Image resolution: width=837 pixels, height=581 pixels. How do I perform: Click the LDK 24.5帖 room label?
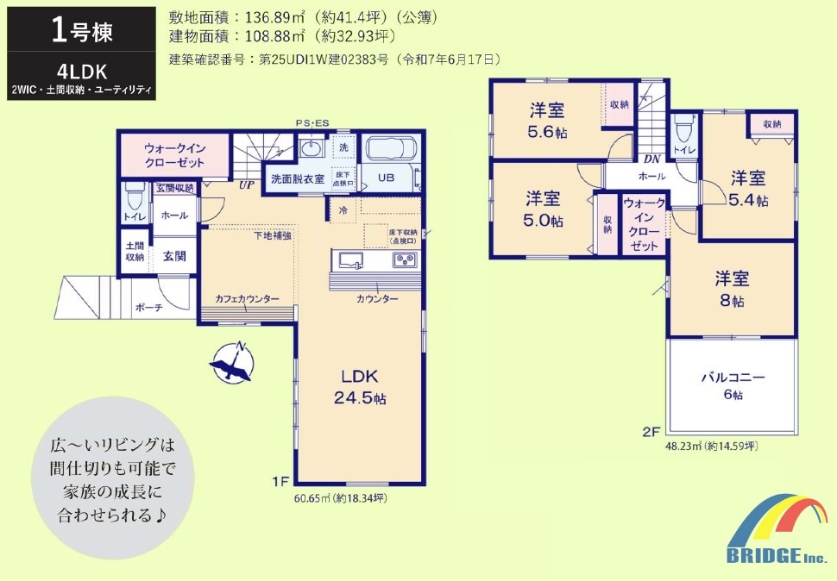pyautogui.click(x=360, y=388)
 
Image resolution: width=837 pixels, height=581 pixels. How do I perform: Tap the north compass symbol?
pyautogui.click(x=232, y=362)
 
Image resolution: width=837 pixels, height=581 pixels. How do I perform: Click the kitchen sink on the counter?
pyautogui.click(x=350, y=260)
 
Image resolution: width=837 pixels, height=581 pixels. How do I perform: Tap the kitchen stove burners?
pyautogui.click(x=404, y=260)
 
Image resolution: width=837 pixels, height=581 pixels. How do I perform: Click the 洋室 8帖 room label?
pyautogui.click(x=732, y=289)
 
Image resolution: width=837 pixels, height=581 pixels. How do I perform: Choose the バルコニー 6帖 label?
pyautogui.click(x=733, y=385)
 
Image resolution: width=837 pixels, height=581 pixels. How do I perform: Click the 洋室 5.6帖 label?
pyautogui.click(x=547, y=121)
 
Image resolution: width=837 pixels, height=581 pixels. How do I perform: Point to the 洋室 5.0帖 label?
pyautogui.click(x=543, y=209)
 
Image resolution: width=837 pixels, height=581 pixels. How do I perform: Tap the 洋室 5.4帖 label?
pyautogui.click(x=748, y=188)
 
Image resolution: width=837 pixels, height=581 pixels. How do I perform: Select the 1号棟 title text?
pyautogui.click(x=82, y=30)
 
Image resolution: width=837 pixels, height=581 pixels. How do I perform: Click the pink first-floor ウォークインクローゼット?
pyautogui.click(x=174, y=155)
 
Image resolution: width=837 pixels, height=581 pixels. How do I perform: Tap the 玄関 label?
pyautogui.click(x=174, y=256)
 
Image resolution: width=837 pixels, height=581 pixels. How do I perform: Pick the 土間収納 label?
pyautogui.click(x=135, y=252)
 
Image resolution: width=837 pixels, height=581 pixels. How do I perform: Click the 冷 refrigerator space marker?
pyautogui.click(x=343, y=210)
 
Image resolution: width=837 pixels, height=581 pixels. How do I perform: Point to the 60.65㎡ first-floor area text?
pyautogui.click(x=341, y=498)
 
